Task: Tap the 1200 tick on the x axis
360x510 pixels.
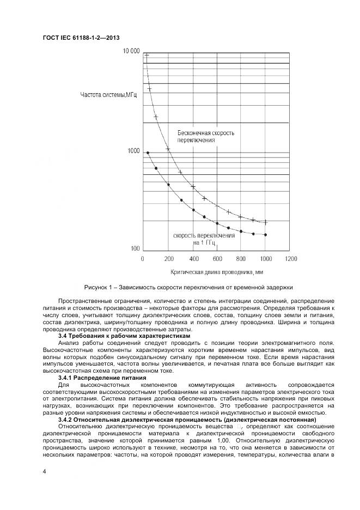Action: point(291,258)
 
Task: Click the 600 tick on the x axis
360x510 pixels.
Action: point(217,258)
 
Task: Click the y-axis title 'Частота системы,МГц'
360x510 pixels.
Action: point(108,95)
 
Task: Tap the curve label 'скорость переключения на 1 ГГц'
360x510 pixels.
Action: point(204,239)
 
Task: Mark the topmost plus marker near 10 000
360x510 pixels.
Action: point(147,55)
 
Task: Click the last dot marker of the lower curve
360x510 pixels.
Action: point(266,235)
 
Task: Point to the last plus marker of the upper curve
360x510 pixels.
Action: point(266,222)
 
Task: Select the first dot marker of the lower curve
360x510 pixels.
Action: point(148,153)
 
